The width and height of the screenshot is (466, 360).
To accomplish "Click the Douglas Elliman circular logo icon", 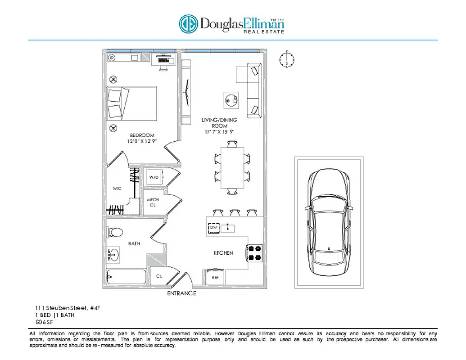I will click(188, 24).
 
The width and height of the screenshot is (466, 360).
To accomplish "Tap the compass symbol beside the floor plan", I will click(286, 59).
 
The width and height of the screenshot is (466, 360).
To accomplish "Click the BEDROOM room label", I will click(142, 135).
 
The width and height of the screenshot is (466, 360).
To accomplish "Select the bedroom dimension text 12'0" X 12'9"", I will click(142, 141).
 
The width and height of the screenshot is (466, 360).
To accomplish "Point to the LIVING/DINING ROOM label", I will click(219, 123).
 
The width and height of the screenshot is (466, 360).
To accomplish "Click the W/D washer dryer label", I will click(154, 178).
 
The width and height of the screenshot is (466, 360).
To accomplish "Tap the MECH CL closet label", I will click(153, 202).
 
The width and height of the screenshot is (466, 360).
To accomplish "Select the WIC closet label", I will click(117, 189).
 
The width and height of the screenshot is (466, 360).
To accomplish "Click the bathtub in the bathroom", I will click(126, 278).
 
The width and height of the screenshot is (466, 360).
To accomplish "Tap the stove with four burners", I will click(254, 253).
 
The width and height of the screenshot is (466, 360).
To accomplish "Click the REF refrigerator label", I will click(215, 278).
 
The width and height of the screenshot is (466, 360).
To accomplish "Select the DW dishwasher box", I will click(214, 228).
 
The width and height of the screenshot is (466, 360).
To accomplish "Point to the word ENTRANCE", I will click(181, 293).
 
